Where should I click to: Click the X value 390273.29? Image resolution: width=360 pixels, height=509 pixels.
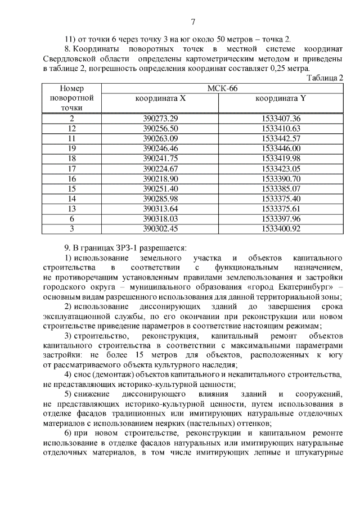[160, 118]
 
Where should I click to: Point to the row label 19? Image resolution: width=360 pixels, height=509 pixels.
[71, 148]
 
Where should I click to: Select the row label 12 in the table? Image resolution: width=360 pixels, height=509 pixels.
[71, 128]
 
